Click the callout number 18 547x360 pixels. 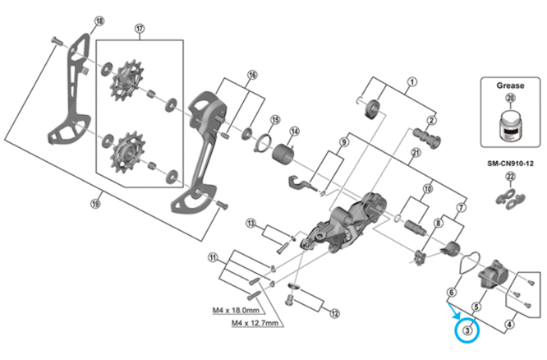[99, 21]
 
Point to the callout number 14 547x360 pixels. [294, 131]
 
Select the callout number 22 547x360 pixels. [510, 178]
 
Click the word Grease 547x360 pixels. [510, 85]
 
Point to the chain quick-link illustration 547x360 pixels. [509, 197]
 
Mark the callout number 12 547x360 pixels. [334, 313]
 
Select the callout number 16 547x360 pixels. [252, 75]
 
